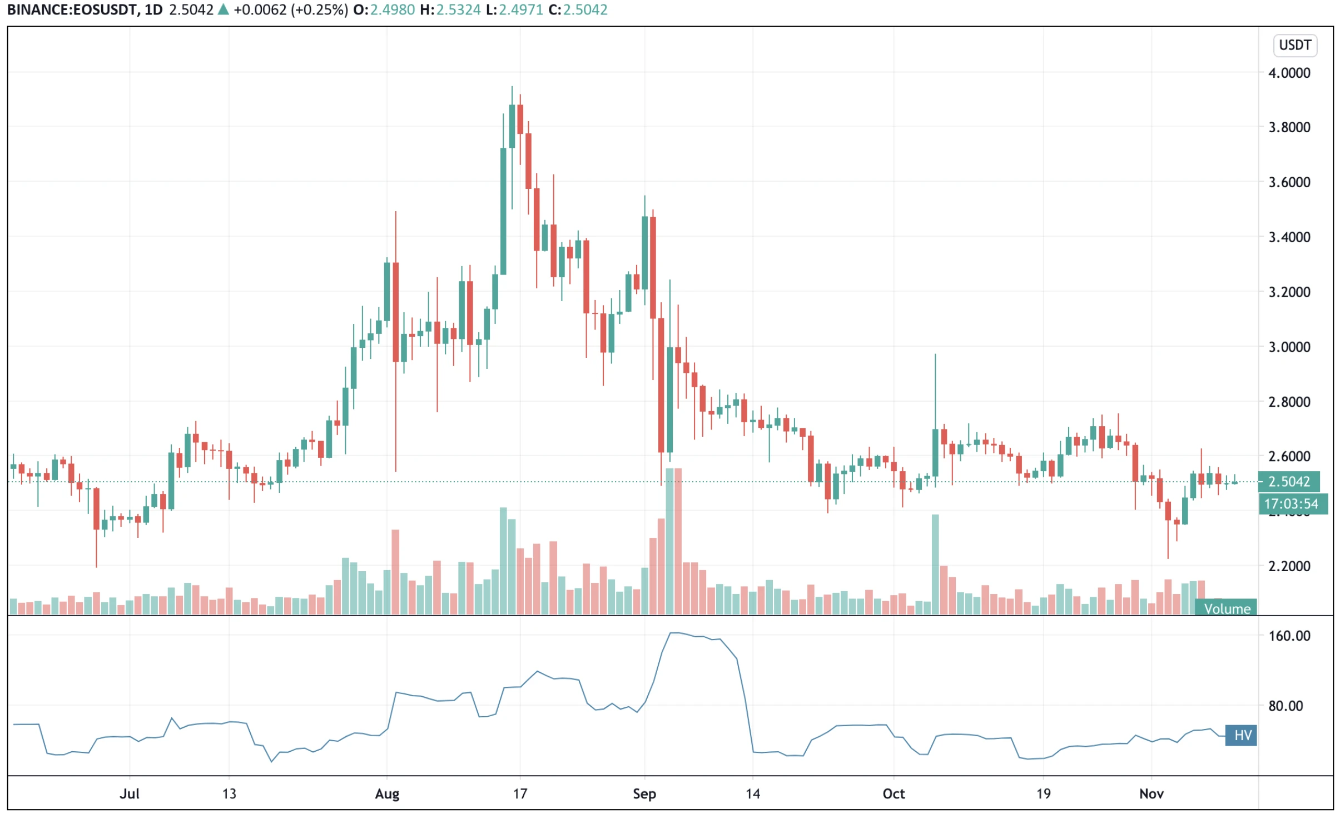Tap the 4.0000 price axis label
(1288, 73)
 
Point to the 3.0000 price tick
(1288, 347)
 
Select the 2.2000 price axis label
(1288, 566)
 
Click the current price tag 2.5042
(1288, 481)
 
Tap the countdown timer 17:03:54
(1291, 503)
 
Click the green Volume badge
(1226, 608)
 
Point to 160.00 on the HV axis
(1288, 636)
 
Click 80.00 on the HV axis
(1288, 706)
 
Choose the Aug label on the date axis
(387, 793)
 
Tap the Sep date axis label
(644, 793)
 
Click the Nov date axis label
(1150, 793)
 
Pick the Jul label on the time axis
(129, 793)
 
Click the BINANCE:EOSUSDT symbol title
(72, 9)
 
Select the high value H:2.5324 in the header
(450, 9)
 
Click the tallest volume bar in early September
(673, 542)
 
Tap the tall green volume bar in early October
(935, 564)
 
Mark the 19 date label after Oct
(1043, 793)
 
